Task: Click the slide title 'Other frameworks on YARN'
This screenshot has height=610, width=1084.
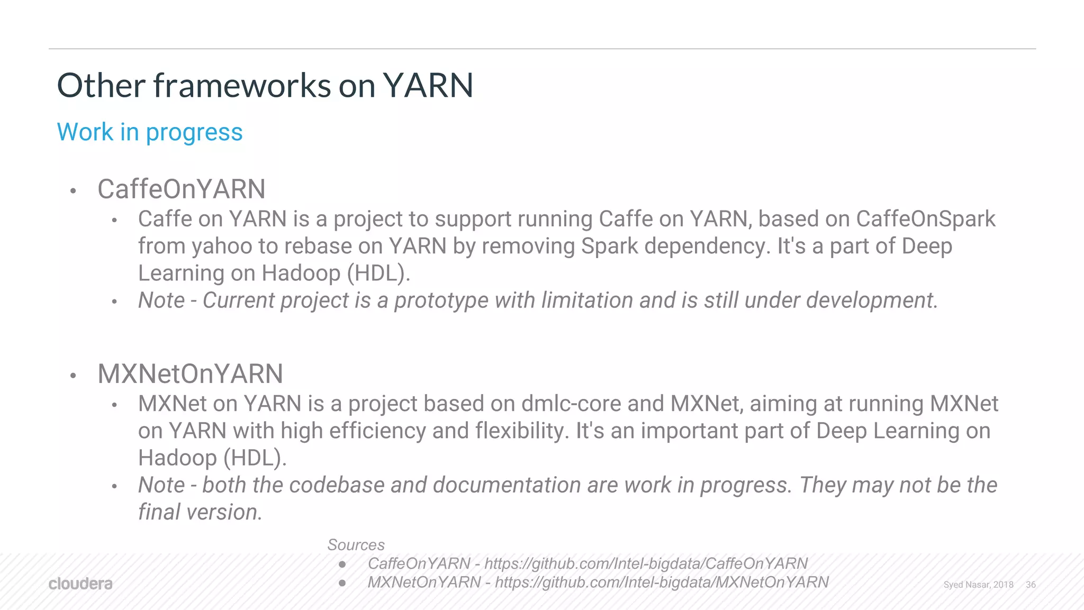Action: pos(265,86)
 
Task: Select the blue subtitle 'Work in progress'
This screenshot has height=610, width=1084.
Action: pos(150,132)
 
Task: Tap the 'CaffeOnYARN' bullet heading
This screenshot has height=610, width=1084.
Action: pos(181,189)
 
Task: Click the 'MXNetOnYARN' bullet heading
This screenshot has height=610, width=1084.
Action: pos(190,374)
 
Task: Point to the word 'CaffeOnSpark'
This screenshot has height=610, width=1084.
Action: pos(925,219)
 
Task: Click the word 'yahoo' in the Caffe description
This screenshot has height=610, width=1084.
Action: pos(222,247)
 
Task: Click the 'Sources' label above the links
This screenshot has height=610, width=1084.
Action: pos(356,545)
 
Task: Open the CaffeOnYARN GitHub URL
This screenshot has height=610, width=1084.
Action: pos(646,563)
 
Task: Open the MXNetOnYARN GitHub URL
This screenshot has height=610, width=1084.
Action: pos(662,582)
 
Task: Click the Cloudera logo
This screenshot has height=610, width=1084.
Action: pos(80,584)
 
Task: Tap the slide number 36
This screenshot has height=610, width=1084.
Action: pos(1031,585)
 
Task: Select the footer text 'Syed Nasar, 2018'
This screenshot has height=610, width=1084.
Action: pos(978,585)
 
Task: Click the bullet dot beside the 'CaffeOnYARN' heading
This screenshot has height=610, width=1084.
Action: pos(74,191)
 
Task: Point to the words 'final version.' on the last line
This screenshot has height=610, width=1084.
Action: pos(200,512)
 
